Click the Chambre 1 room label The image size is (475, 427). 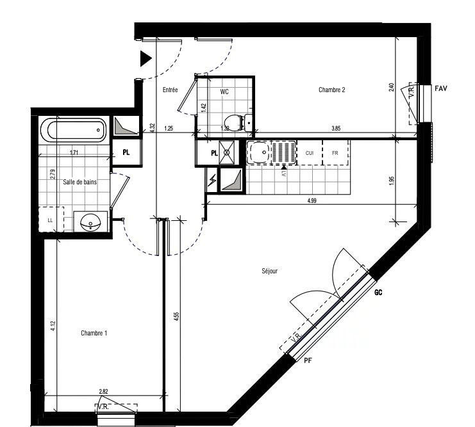tap(94, 333)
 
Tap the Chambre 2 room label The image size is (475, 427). tap(332, 90)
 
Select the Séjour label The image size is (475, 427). tap(270, 271)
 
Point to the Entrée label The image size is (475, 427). tap(170, 90)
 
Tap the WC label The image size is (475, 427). tap(224, 92)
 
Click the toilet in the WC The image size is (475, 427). tap(235, 122)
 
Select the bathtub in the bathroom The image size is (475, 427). tap(73, 131)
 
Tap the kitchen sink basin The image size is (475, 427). tap(260, 153)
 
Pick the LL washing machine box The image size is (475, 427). tap(50, 220)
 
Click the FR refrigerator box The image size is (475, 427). tap(335, 153)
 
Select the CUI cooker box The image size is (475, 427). tap(309, 153)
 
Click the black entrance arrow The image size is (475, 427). tap(146, 59)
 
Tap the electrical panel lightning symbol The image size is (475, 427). tap(212, 181)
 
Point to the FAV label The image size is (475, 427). tap(440, 88)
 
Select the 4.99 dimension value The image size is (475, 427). tap(312, 202)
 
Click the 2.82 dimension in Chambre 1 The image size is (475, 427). tap(103, 391)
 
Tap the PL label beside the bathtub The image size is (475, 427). tap(127, 152)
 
